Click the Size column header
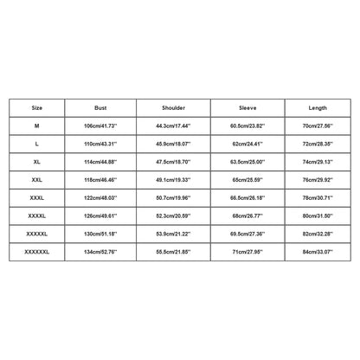[x=36, y=109]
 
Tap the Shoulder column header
[x=174, y=109]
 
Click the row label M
[x=36, y=126]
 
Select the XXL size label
[x=36, y=181]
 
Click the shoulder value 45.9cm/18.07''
[x=174, y=145]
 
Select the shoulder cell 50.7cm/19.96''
[x=174, y=198]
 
